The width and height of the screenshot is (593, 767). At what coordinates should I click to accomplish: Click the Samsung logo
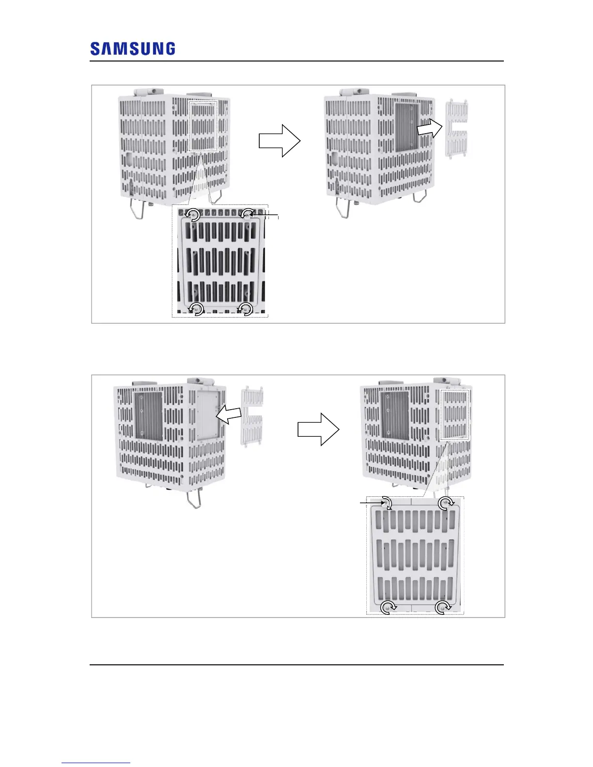coord(133,49)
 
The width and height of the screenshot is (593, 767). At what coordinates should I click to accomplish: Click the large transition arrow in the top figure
coord(280,141)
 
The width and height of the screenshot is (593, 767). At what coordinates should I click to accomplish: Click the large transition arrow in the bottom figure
coord(318,430)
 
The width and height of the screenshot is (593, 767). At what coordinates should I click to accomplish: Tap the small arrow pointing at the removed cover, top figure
coord(429,128)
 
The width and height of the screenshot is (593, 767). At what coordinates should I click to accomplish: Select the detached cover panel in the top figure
coord(456,128)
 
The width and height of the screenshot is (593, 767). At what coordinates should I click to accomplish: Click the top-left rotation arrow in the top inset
coord(193,215)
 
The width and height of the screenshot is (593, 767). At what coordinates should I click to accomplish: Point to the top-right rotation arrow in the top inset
coord(249,214)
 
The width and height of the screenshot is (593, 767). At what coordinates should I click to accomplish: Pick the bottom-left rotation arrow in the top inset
coord(196,309)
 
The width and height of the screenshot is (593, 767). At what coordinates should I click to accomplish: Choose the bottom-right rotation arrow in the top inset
coord(247,309)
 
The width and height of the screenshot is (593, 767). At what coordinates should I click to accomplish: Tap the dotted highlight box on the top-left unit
coord(203,126)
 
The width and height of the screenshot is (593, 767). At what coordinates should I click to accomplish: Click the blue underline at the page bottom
coord(96,763)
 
